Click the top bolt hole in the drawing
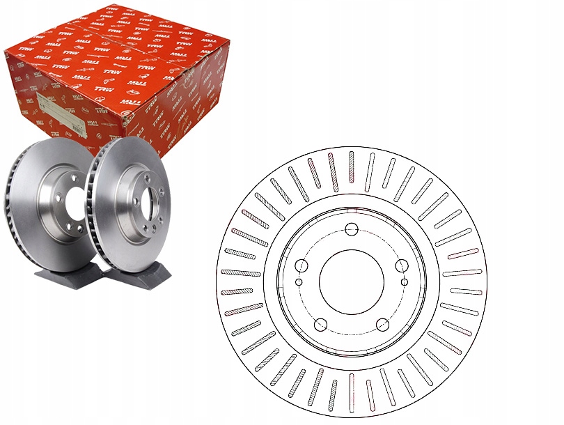(352, 229)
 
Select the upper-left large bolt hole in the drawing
(301, 265)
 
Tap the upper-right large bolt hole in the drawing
(401, 265)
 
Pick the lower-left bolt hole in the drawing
(320, 324)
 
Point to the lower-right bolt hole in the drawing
(382, 324)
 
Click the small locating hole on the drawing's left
(299, 281)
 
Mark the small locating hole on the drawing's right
(404, 281)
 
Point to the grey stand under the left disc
(63, 279)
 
